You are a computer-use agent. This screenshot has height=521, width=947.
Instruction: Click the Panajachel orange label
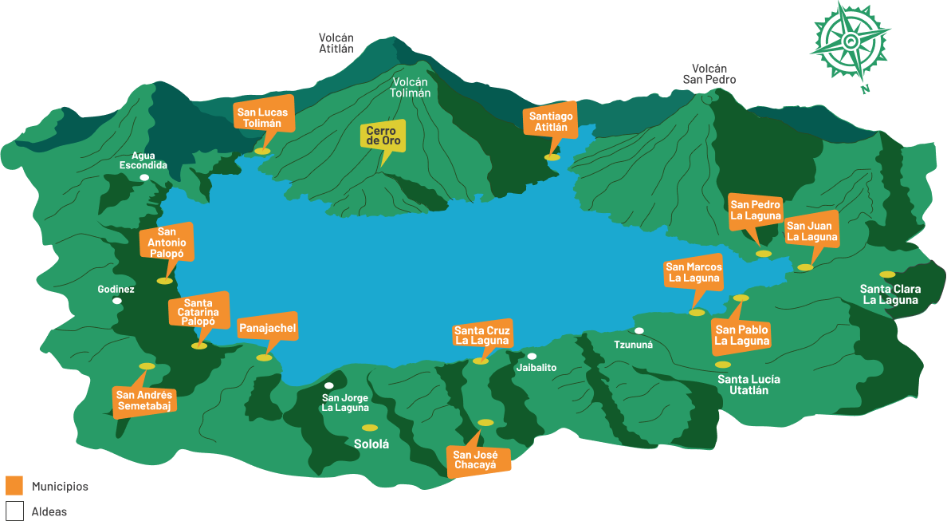click(x=267, y=327)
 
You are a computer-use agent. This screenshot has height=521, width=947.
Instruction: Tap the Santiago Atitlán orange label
click(x=551, y=121)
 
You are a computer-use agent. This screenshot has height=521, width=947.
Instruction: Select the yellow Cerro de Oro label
click(x=383, y=136)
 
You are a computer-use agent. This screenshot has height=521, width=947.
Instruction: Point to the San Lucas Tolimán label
click(x=263, y=117)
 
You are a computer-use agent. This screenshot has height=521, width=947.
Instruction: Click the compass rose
click(x=850, y=41)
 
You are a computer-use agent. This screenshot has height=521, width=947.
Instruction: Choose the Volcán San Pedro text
click(x=709, y=74)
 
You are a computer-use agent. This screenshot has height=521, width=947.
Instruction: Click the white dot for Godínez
click(x=117, y=301)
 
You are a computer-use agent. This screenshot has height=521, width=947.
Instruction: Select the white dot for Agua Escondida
click(x=144, y=177)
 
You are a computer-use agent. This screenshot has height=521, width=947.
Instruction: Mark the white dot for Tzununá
click(x=639, y=330)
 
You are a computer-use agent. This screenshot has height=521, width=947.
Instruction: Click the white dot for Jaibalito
click(x=532, y=356)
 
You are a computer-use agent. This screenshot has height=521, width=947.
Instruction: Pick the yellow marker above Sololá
click(x=369, y=428)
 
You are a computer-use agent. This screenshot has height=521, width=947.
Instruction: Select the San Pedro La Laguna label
click(x=756, y=210)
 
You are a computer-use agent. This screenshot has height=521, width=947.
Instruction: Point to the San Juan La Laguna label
click(x=811, y=231)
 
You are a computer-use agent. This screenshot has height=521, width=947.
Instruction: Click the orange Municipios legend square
click(x=14, y=485)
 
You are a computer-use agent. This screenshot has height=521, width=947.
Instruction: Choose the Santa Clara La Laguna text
click(x=890, y=294)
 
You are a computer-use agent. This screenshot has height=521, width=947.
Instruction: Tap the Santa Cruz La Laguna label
click(x=481, y=335)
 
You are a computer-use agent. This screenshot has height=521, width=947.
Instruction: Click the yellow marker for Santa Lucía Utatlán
click(x=722, y=365)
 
